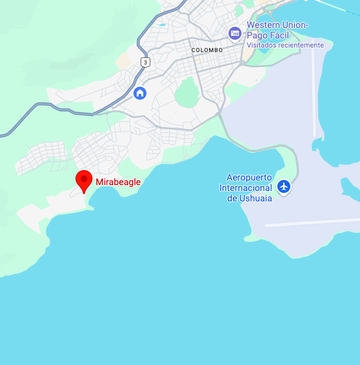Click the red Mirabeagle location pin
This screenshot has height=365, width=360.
pos(84,181)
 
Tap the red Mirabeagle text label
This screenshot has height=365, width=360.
pos(118,182)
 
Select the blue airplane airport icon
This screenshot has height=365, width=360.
pos(283,187)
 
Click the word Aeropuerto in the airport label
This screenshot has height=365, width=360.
pos(249,177)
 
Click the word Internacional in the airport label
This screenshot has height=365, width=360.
pos(245,188)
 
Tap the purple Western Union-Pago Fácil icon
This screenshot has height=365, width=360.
pos(235,33)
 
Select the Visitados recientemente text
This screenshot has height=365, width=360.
pos(284,45)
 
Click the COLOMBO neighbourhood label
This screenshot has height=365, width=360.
pos(207,50)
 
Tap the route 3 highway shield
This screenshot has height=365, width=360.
pos(145,62)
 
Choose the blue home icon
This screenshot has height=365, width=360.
pos(139,93)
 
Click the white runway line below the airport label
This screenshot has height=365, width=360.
pos(312,222)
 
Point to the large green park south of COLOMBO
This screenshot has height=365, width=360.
pos(187,93)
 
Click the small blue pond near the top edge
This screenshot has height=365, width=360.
pos(161,25)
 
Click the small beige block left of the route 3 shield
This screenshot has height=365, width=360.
pos(124,61)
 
